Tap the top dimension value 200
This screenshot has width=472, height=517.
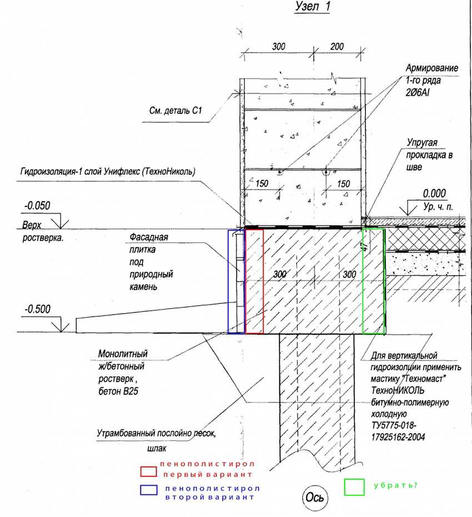(x=337, y=47)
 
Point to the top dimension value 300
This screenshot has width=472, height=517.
(x=279, y=47)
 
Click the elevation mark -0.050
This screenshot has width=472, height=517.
(x=37, y=206)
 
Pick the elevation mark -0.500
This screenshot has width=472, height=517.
(x=37, y=310)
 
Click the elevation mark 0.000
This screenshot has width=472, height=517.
(x=435, y=194)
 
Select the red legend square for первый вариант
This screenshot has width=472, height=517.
(x=149, y=471)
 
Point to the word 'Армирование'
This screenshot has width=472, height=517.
(x=431, y=68)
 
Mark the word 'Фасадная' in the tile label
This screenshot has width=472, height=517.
(x=148, y=237)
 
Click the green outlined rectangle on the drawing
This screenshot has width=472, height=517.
(x=373, y=281)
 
